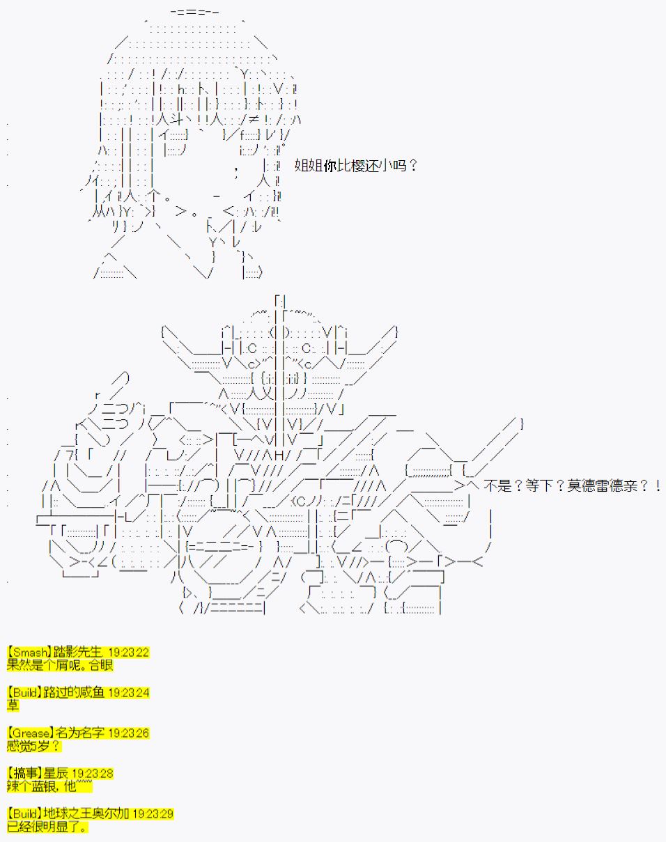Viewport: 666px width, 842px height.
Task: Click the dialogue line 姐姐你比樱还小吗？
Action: coord(355,166)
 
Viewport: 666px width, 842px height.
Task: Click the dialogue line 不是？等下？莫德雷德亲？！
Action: coord(572,486)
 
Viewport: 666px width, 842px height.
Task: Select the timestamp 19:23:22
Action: coord(129,653)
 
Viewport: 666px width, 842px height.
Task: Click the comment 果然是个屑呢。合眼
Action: coord(60,665)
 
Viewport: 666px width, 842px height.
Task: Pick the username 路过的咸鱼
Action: coord(74,692)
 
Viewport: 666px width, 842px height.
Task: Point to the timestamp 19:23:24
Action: coord(129,693)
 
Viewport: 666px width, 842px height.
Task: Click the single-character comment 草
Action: coord(13,705)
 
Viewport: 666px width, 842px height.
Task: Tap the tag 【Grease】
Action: coord(30,733)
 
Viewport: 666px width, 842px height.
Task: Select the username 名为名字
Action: coord(80,733)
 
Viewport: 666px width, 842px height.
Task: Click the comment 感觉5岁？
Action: coord(34,746)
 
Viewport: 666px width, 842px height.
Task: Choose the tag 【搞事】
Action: coord(24,773)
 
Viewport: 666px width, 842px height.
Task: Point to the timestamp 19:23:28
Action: coord(93,774)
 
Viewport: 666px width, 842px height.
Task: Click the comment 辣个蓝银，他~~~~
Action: coord(49,786)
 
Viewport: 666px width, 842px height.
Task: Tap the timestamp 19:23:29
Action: coord(153,814)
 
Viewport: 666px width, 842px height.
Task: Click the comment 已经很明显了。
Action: coord(47,827)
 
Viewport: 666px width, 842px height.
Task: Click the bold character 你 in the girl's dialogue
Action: coord(330,166)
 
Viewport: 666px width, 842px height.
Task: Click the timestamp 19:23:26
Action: coord(129,733)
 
